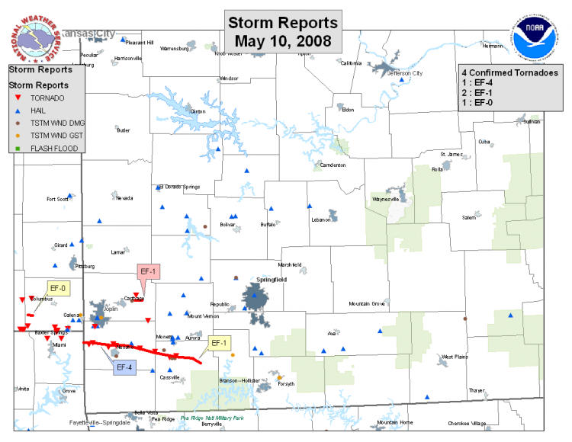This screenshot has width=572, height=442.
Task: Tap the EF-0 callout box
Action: click(x=58, y=288)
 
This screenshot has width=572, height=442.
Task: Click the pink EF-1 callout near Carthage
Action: click(x=147, y=272)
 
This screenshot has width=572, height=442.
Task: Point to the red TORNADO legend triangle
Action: click(x=18, y=98)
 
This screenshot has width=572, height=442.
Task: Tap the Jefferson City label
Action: click(x=405, y=74)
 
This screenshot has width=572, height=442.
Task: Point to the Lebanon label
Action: click(x=320, y=220)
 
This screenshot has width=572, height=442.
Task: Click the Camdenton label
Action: click(x=333, y=165)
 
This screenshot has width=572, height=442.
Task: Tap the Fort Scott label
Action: click(x=57, y=199)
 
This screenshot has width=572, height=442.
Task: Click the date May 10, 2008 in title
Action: click(x=283, y=40)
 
